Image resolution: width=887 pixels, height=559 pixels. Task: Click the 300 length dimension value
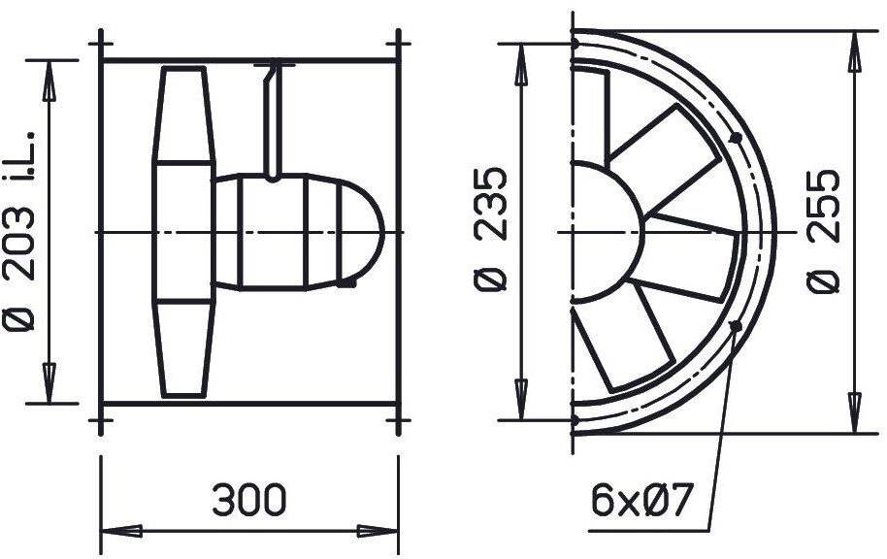[x=249, y=500]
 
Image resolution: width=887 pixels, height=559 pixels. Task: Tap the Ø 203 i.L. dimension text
[x=19, y=231]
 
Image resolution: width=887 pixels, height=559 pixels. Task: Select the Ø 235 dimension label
[x=489, y=229]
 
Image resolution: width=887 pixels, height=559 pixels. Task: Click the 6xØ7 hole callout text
[x=641, y=500]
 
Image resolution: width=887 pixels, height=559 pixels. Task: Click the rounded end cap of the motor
[x=361, y=233]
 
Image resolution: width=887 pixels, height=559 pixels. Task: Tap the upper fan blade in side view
[x=183, y=115]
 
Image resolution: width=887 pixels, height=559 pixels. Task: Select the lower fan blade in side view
[x=183, y=349]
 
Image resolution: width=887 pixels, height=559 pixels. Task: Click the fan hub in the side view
[x=183, y=233]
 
